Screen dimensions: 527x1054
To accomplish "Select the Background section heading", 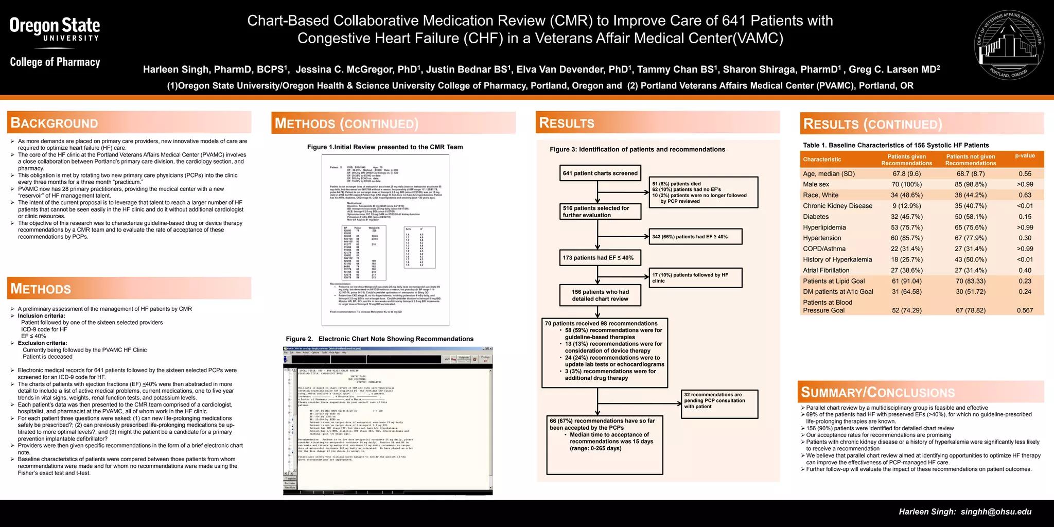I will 54,123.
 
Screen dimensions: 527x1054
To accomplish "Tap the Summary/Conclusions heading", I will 877,393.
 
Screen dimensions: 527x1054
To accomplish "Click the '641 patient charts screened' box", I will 600,173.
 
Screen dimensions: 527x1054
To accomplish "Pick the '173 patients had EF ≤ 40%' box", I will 598,258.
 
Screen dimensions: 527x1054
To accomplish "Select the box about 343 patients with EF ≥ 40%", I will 696,237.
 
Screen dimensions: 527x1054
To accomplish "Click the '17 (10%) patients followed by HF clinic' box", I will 696,278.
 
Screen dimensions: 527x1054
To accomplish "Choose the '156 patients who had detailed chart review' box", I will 600,295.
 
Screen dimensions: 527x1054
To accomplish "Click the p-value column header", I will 1025,156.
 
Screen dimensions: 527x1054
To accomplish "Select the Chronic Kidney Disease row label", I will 837,206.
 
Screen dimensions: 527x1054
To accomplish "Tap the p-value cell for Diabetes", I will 1025,217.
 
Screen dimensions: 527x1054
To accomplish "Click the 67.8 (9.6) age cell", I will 906,174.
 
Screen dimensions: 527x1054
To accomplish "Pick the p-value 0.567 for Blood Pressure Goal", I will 1025,310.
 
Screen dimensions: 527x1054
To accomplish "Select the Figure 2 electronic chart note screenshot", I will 388,420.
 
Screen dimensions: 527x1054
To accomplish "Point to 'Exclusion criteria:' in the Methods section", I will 42,343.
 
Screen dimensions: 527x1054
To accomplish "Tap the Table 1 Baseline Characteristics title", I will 895,145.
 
